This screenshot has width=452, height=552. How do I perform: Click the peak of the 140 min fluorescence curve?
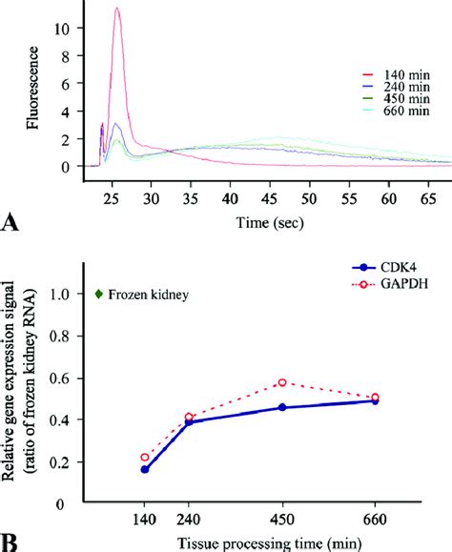point(117,9)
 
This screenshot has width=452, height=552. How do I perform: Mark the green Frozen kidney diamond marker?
point(99,295)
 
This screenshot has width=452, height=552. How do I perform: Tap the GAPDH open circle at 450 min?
point(282,382)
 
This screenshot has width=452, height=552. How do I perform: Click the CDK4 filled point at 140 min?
point(145,469)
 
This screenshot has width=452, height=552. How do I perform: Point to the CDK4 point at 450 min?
point(282,407)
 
